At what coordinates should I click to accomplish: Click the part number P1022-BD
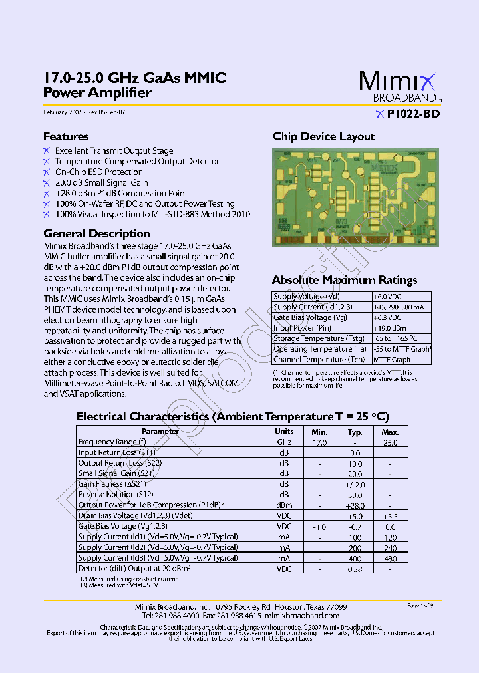[412, 114]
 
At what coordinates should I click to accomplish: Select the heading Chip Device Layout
[324, 137]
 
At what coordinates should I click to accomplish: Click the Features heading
[66, 137]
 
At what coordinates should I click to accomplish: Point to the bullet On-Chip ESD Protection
[98, 172]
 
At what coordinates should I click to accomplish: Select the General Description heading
[96, 234]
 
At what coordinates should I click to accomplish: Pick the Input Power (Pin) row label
[302, 329]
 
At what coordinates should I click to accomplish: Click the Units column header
[284, 432]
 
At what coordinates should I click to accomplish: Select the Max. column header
[390, 432]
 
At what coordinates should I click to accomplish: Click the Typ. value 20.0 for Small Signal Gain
[355, 474]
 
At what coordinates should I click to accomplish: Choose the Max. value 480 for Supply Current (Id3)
[390, 559]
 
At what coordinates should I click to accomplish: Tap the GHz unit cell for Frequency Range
[284, 442]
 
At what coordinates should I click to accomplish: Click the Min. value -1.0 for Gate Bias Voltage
[319, 527]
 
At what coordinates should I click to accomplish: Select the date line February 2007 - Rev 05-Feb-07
[84, 113]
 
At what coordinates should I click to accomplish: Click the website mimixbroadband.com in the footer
[308, 616]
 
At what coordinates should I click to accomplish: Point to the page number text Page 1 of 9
[420, 606]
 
